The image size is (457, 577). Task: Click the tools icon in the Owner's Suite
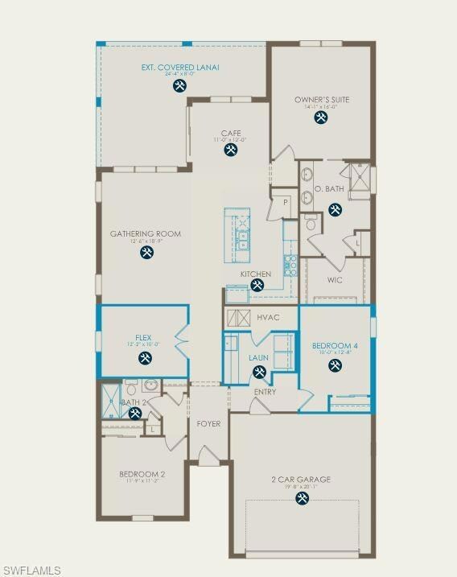coord(321,117)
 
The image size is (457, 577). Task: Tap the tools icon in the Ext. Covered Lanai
coord(181,84)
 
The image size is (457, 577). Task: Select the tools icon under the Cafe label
coord(231,150)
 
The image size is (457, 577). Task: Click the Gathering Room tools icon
coord(146,253)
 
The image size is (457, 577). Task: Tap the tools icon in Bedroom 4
coord(334,366)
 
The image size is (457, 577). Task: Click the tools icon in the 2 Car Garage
coord(301,498)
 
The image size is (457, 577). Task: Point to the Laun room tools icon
coord(259,372)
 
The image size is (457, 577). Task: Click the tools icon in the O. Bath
coord(335,209)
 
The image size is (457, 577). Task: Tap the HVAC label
coord(268,317)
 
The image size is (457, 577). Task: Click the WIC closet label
coord(336,281)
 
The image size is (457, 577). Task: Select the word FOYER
coord(208,423)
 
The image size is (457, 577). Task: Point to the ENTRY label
coord(265,392)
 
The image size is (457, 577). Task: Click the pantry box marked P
coord(285,203)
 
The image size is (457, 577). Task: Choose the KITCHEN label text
coord(255,274)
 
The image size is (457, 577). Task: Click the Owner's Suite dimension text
coord(320,107)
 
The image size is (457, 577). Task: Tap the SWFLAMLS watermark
coord(31,570)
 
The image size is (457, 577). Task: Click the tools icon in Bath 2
coord(135,414)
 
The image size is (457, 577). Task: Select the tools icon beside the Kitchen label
coord(257,284)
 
